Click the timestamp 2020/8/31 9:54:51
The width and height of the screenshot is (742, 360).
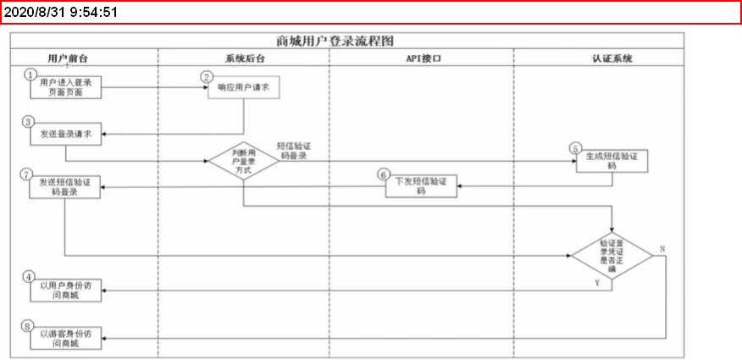click(60, 13)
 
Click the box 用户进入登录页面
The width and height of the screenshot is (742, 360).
click(66, 87)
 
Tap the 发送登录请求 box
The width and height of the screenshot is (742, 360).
click(66, 133)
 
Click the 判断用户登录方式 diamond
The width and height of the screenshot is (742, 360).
click(244, 160)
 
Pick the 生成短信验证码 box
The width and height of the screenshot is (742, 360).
click(612, 162)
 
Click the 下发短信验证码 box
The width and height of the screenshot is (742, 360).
click(421, 186)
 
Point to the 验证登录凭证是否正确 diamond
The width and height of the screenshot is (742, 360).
click(612, 252)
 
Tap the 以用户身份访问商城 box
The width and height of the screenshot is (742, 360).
click(66, 290)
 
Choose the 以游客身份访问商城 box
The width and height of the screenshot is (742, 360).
click(66, 337)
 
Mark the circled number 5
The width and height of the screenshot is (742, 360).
click(576, 149)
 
